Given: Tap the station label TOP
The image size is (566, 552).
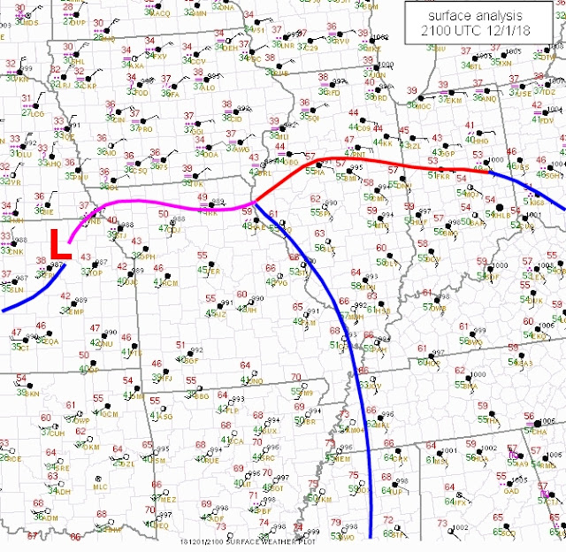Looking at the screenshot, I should pyautogui.click(x=96, y=273).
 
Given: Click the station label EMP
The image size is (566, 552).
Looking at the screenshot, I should pyautogui.click(x=76, y=312).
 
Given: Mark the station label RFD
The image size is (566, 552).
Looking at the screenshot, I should pyautogui.click(x=334, y=92).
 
